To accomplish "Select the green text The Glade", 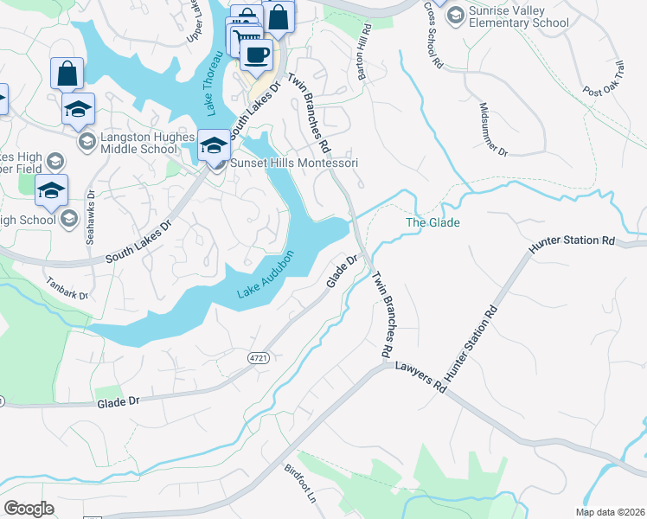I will tap(432, 223).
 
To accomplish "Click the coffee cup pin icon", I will tap(255, 55).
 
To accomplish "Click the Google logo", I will tap(29, 509).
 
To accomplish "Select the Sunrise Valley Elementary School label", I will tap(518, 16).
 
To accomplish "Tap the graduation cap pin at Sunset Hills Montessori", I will tap(213, 144).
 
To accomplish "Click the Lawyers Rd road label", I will tap(420, 377).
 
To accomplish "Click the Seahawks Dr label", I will tap(90, 217).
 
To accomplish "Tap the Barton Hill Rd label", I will tap(364, 52).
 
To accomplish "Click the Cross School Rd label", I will tap(432, 35).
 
